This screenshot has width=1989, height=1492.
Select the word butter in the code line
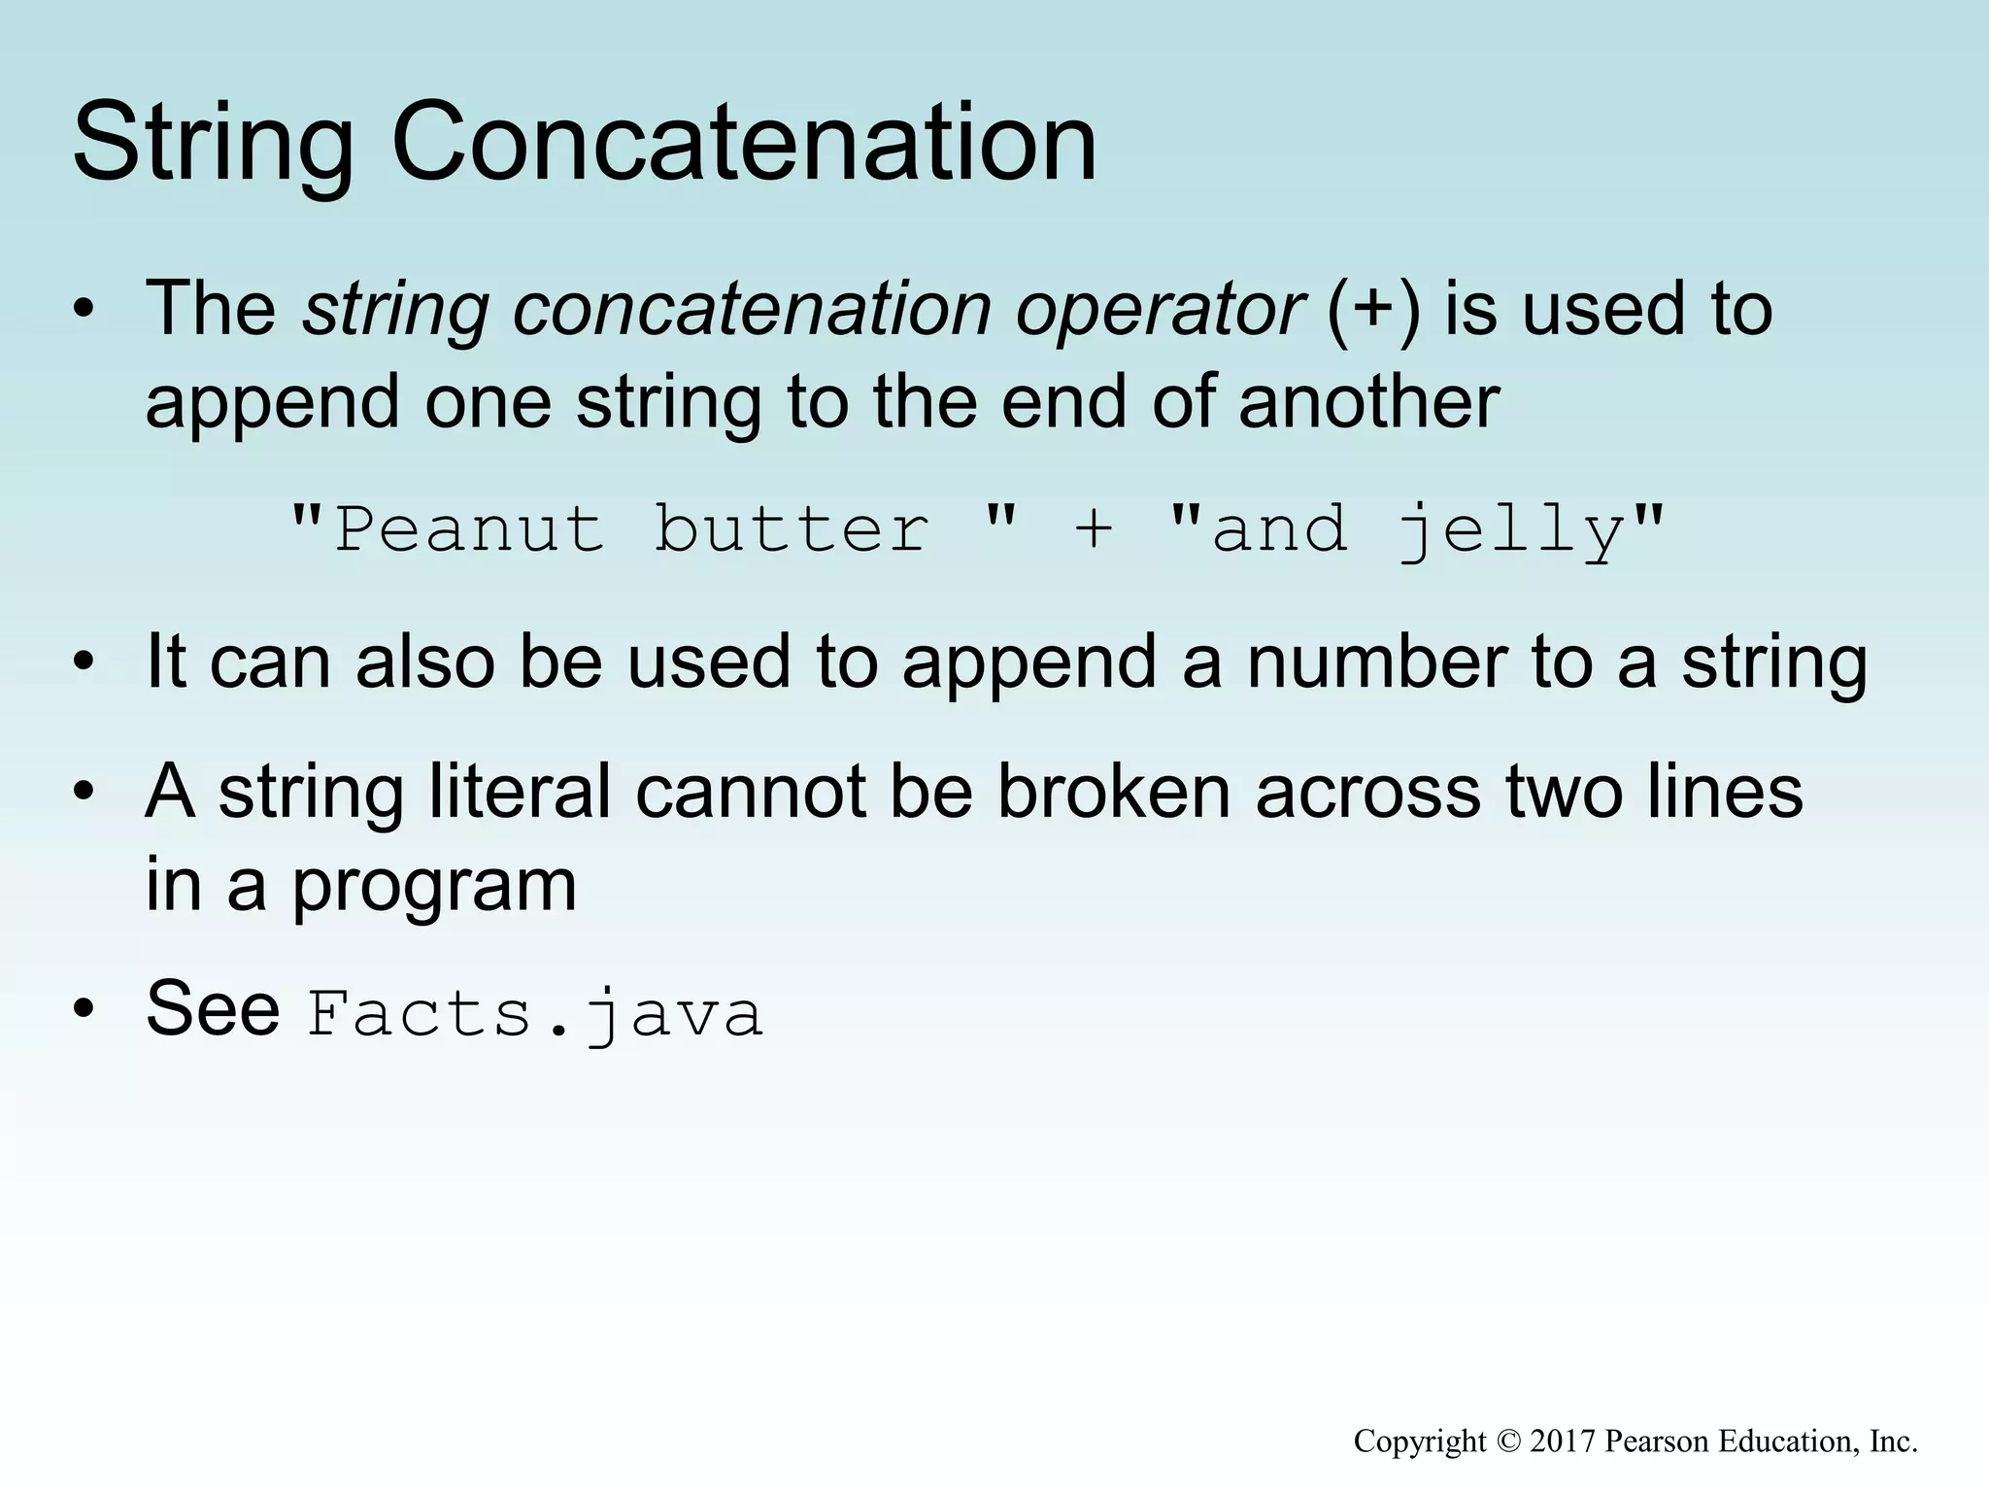[x=791, y=530]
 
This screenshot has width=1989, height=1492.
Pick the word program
[x=434, y=886]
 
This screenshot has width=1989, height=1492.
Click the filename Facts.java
[x=535, y=1014]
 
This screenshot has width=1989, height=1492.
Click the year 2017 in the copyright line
[x=1563, y=1441]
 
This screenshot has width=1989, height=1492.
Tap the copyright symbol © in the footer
[x=1508, y=1441]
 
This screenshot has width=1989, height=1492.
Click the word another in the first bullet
[x=1368, y=402]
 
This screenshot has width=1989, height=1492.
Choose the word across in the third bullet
[x=1368, y=791]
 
